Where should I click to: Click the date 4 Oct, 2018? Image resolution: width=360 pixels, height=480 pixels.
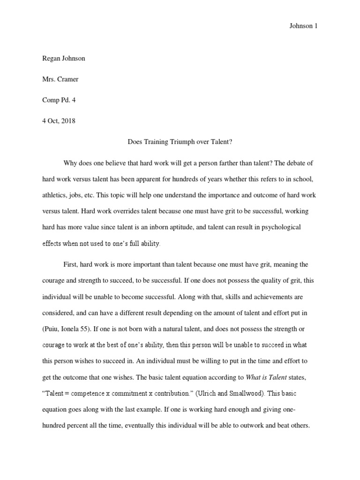(x=59, y=120)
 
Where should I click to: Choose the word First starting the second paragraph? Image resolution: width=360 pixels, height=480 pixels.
(x=71, y=265)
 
